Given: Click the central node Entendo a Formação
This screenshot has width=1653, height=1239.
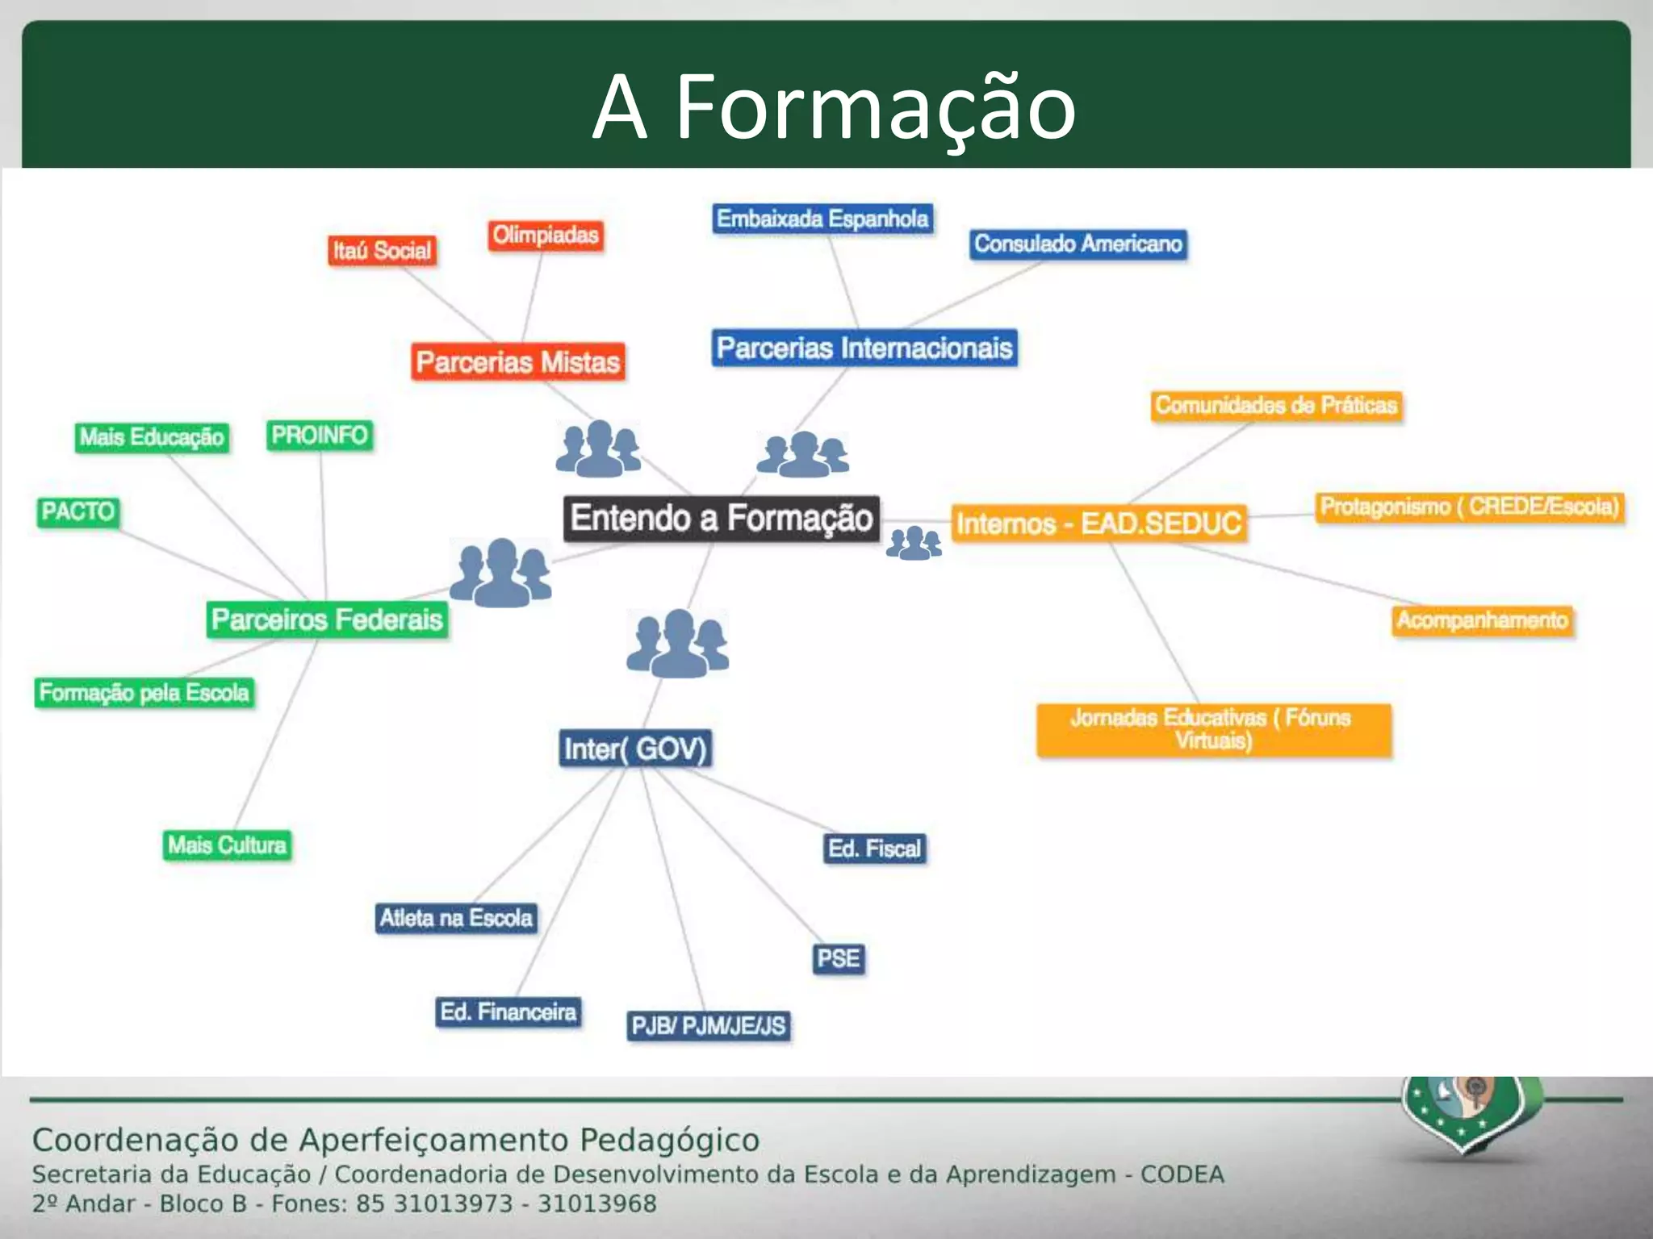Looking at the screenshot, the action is tap(721, 518).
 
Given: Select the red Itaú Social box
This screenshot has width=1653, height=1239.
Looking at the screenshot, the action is tap(382, 250).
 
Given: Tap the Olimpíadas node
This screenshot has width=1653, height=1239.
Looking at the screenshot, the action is tap(546, 235).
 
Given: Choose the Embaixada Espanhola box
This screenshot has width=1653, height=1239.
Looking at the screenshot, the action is tap(822, 219).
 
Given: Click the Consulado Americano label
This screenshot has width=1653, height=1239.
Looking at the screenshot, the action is tap(1078, 244).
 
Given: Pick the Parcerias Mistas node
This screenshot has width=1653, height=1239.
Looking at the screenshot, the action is tap(517, 361).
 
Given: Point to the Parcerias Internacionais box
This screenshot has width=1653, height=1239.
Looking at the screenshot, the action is tap(864, 348).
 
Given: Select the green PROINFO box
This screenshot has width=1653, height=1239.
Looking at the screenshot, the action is tap(320, 435).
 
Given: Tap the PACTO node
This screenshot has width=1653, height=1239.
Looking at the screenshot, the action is tap(78, 511).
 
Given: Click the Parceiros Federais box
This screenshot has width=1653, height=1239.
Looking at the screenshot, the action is tap(327, 619).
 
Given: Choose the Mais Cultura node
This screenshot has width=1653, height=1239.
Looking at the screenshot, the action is tap(227, 845).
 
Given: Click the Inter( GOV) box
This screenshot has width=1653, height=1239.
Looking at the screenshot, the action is tap(635, 749).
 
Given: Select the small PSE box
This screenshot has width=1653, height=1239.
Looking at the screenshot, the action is tap(839, 958).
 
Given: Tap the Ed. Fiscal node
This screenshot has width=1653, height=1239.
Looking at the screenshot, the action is tap(874, 849).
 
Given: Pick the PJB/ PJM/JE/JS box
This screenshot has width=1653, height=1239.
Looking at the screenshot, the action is tap(708, 1025).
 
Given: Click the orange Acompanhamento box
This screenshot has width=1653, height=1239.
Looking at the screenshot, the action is tap(1482, 620).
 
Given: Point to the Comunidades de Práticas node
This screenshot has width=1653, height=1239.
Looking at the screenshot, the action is tap(1275, 405).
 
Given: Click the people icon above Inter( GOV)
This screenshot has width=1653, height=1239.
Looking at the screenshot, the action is tap(678, 643).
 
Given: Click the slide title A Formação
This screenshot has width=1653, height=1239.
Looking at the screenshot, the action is tap(834, 107).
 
